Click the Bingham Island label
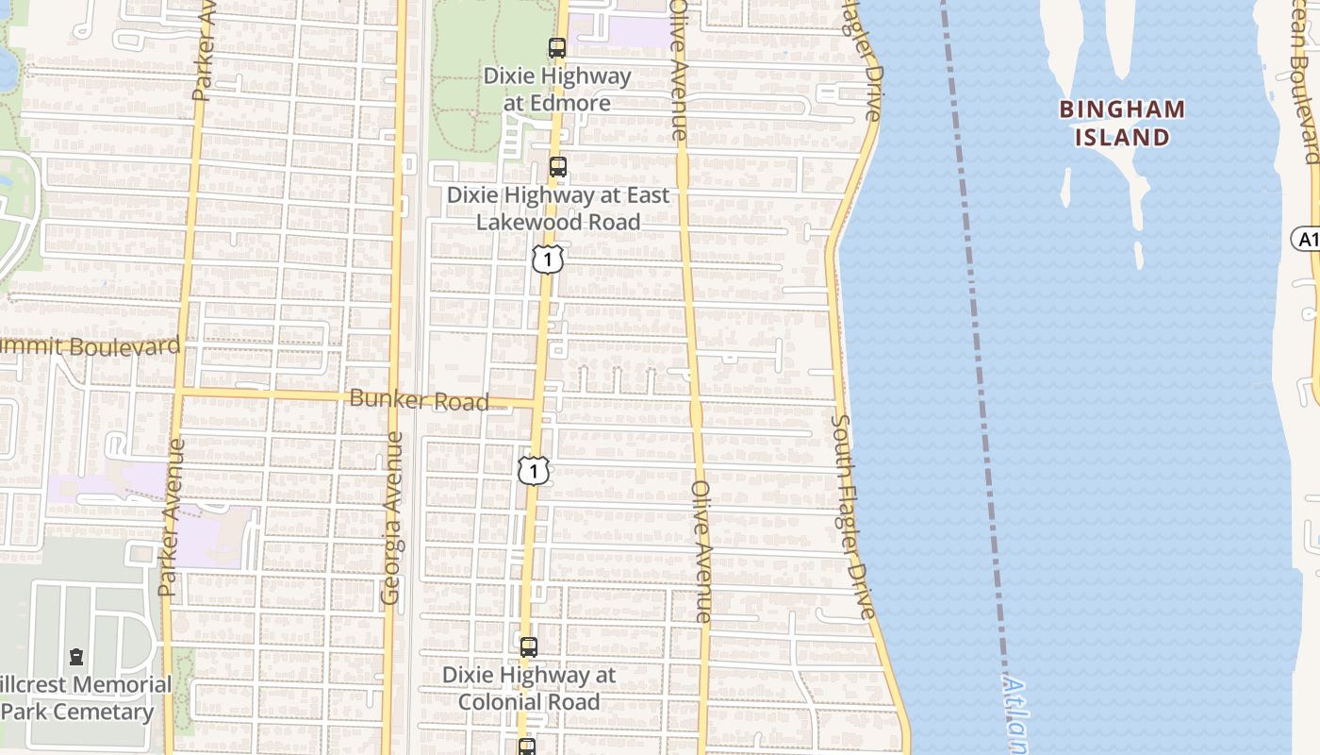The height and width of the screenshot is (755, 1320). click(1122, 123)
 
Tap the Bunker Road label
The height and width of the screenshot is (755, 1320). click(419, 400)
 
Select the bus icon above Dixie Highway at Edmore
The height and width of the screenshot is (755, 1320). click(557, 48)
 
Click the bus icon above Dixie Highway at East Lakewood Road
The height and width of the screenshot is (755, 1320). click(558, 168)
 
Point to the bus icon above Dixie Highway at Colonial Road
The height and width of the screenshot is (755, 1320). click(529, 647)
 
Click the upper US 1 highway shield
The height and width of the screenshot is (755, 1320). click(548, 259)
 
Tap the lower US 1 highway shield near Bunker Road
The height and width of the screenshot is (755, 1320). click(534, 470)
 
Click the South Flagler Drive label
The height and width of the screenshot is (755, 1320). click(854, 517)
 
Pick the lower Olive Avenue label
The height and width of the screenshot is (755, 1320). click(702, 551)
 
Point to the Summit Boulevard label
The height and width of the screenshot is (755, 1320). click(91, 345)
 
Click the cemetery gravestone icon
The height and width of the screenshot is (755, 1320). click(76, 657)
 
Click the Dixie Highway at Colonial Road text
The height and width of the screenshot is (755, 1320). click(529, 688)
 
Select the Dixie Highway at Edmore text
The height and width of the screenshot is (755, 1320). click(557, 89)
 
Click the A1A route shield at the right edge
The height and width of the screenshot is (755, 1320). click(1307, 240)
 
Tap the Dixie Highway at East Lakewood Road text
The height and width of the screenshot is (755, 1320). click(558, 209)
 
